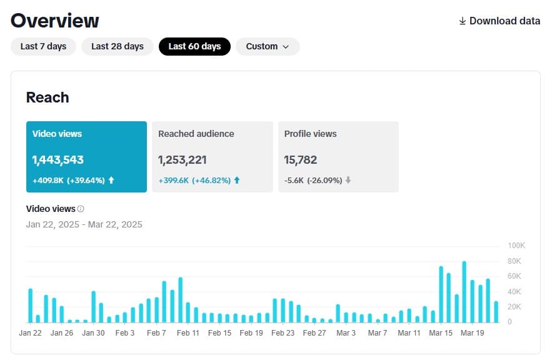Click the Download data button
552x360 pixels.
click(x=499, y=21)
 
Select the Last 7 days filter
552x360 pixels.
click(x=43, y=46)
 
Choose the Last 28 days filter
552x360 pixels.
click(x=118, y=46)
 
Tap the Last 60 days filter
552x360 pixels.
click(x=194, y=46)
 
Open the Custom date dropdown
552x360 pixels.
click(x=268, y=46)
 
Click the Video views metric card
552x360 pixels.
click(x=86, y=156)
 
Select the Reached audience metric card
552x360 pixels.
click(x=213, y=156)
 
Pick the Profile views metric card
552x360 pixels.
click(x=338, y=156)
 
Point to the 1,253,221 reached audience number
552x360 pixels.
click(x=183, y=160)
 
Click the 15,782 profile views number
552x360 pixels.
click(x=301, y=160)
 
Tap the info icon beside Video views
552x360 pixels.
click(x=81, y=209)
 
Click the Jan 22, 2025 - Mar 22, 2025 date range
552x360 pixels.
click(x=84, y=224)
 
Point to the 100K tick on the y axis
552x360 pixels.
click(x=516, y=245)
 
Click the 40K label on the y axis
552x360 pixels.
click(x=515, y=291)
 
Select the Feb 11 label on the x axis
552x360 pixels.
click(x=188, y=333)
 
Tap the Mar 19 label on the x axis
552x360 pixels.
click(x=473, y=333)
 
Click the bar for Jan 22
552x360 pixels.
click(x=30, y=306)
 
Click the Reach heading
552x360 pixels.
click(x=48, y=97)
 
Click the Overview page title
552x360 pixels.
click(x=55, y=21)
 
